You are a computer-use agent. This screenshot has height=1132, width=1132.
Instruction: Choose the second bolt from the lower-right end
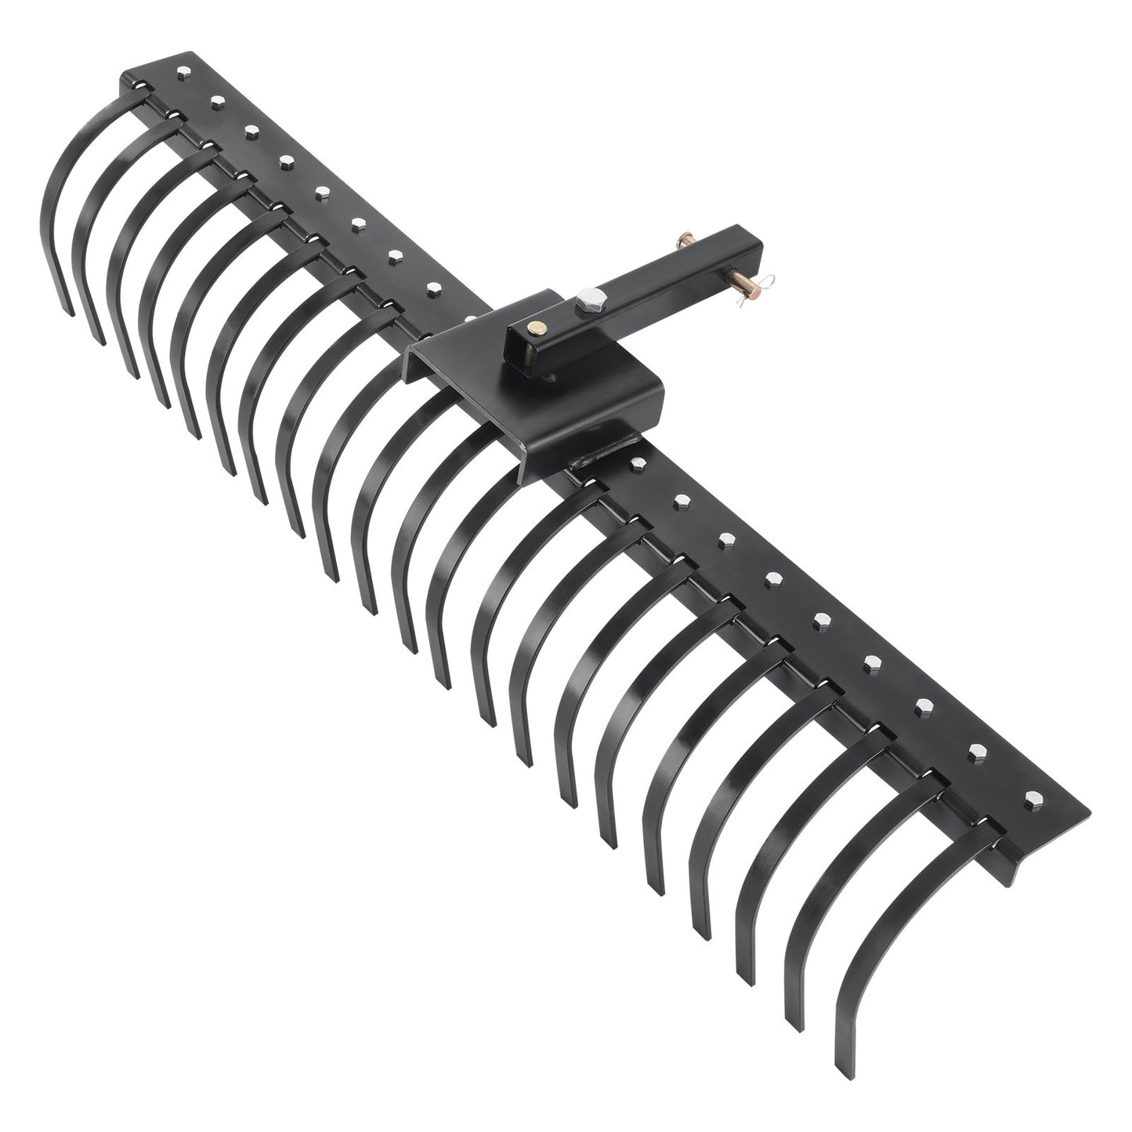coord(979,751)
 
